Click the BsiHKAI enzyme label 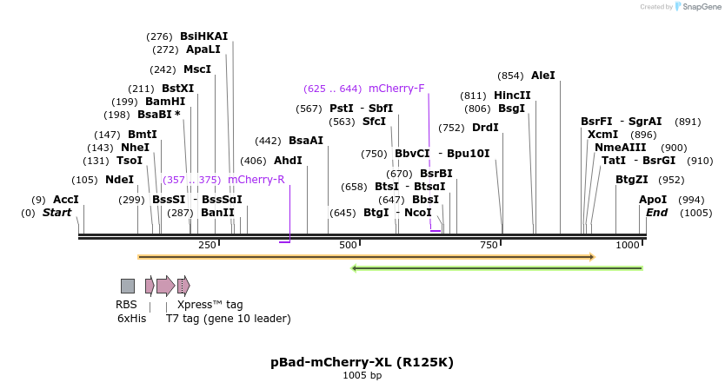203,36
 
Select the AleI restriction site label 542,76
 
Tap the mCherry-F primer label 396,89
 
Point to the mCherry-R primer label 256,180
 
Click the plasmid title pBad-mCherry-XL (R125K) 362,362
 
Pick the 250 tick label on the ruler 207,246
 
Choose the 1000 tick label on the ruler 628,246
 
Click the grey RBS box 128,286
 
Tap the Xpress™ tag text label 210,305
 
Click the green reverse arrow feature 496,268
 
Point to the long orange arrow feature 365,257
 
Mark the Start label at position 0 57,213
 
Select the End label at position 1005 656,213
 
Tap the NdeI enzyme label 119,180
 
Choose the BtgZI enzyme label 631,180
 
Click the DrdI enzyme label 485,128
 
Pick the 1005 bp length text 362,376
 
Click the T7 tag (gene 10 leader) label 228,319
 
